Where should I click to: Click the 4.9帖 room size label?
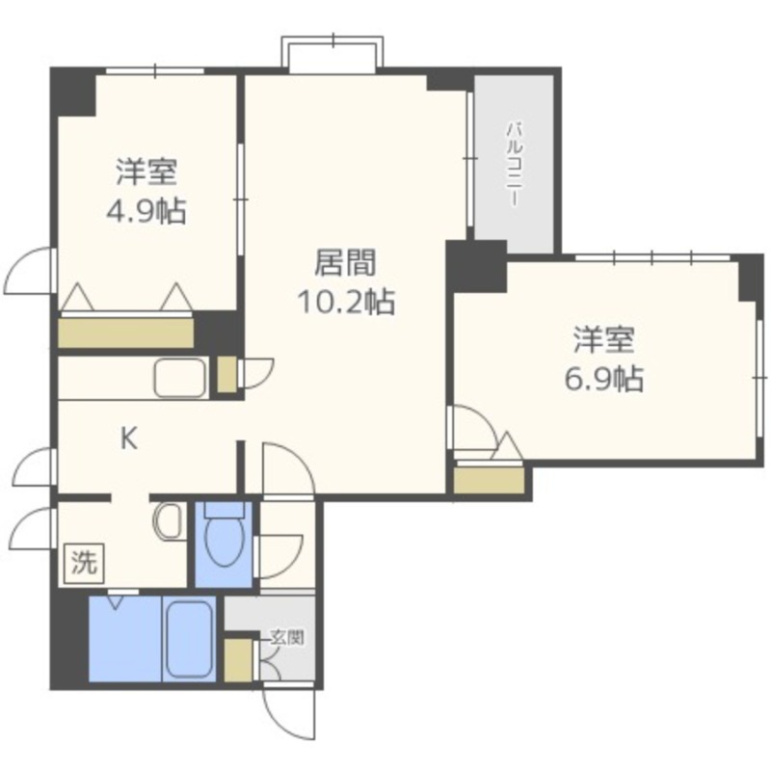click(x=146, y=212)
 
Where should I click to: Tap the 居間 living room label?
click(x=346, y=262)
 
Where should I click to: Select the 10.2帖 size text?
click(x=346, y=302)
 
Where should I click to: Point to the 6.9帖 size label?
click(x=603, y=379)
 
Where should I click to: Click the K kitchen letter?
click(x=129, y=439)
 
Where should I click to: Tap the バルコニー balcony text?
click(x=515, y=165)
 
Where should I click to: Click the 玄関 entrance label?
click(x=288, y=638)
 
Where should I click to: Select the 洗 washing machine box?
click(x=84, y=563)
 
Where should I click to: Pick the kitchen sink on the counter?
click(x=180, y=377)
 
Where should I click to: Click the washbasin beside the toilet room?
click(x=169, y=521)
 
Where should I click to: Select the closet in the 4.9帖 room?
click(x=126, y=333)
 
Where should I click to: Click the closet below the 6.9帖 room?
click(x=489, y=480)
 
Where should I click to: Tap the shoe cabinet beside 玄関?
click(x=238, y=660)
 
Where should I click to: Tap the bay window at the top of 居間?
click(x=332, y=54)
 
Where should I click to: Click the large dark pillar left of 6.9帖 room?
click(x=477, y=267)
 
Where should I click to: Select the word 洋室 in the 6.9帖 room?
click(x=604, y=340)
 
